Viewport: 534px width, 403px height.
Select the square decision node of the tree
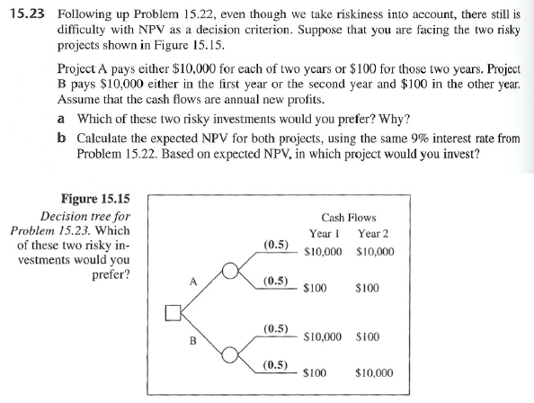171,314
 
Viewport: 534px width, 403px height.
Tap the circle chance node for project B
231,355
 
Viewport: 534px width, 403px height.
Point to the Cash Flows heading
348,218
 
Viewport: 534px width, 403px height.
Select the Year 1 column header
321,234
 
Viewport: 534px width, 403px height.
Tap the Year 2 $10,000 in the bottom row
375,372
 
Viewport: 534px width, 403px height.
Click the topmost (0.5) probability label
275,245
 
